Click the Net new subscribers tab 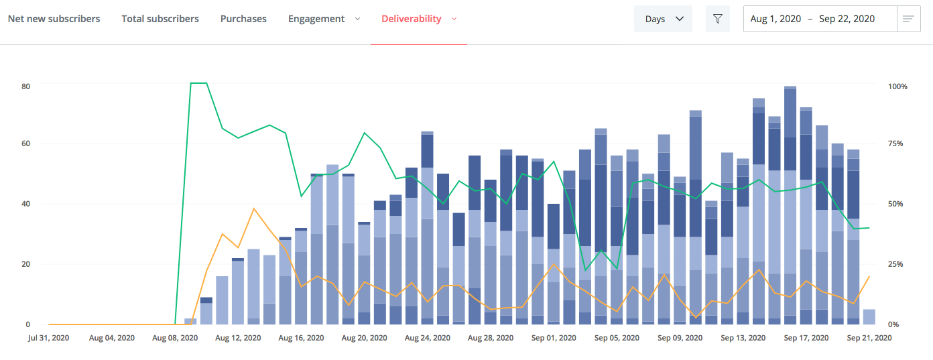click(54, 19)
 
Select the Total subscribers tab click(160, 19)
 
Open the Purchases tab click(243, 19)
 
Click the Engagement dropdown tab click(324, 19)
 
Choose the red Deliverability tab click(418, 19)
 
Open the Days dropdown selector click(663, 19)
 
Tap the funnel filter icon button click(718, 19)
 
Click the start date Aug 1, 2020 click(775, 19)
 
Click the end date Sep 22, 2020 click(847, 19)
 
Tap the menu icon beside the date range click(908, 19)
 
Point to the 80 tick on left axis click(26, 86)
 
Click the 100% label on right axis click(897, 86)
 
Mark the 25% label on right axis click(895, 264)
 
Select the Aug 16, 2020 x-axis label click(302, 339)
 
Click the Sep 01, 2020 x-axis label click(554, 339)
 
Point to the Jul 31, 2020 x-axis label click(49, 339)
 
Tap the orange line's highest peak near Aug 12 click(254, 208)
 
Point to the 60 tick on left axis click(26, 143)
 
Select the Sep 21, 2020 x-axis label click(869, 339)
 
